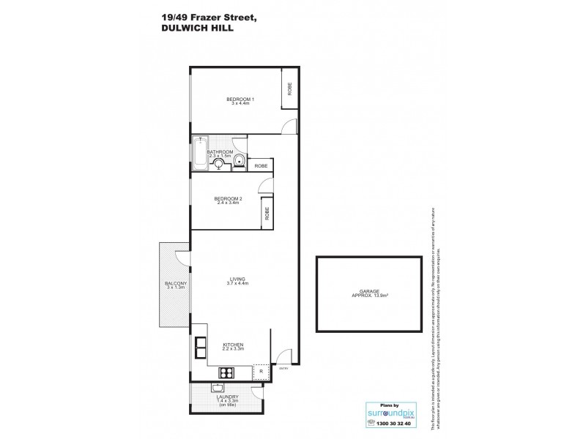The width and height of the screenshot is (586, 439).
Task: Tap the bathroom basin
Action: [218, 164]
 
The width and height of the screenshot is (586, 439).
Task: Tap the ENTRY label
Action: [284, 369]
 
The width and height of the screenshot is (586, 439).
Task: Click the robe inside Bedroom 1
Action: [290, 89]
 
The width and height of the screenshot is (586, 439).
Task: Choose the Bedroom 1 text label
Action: [240, 100]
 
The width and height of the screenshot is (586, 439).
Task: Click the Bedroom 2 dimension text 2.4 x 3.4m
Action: [228, 203]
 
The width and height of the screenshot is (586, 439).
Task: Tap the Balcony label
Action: [176, 283]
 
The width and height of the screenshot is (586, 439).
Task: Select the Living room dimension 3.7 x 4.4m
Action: [237, 283]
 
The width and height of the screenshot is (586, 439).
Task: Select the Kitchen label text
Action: [233, 344]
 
